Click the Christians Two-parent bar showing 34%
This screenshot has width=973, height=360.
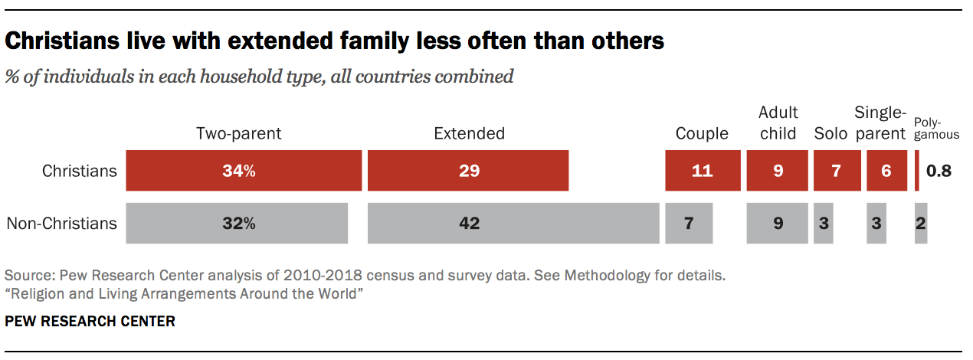click(244, 170)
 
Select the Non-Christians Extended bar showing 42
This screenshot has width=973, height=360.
click(513, 223)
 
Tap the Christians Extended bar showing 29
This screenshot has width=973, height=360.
click(468, 170)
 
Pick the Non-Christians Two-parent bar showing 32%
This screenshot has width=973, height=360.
click(237, 223)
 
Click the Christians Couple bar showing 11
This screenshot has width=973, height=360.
click(703, 170)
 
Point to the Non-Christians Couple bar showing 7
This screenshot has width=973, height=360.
click(689, 223)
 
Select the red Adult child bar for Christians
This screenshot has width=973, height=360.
click(778, 170)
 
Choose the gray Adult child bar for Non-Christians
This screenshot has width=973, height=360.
click(778, 223)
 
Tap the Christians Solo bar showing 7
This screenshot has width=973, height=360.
click(837, 170)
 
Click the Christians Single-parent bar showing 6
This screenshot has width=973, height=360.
click(886, 170)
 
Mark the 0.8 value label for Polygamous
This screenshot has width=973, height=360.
click(939, 171)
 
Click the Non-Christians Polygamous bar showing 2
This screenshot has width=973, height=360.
click(921, 223)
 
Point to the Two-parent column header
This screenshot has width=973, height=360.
click(239, 133)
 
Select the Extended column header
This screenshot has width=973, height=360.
click(469, 133)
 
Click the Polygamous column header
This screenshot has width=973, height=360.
click(936, 129)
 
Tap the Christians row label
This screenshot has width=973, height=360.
click(80, 171)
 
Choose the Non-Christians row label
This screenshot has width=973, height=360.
click(62, 224)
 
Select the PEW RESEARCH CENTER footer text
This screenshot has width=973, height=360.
click(90, 322)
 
